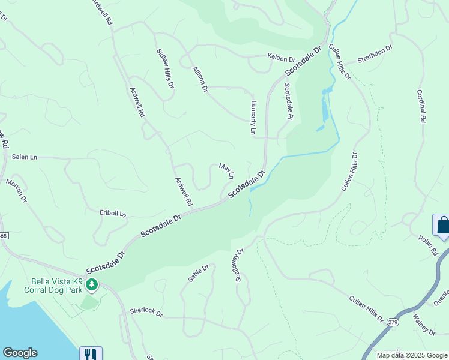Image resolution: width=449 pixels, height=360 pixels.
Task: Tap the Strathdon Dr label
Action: coord(375,53)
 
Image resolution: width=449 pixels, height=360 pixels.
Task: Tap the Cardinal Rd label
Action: coord(421,106)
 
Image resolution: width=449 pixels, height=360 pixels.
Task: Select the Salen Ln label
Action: coord(24,157)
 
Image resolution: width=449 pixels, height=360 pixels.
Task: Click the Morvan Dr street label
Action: coord(17,190)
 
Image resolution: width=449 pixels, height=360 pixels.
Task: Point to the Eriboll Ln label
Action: coord(113,213)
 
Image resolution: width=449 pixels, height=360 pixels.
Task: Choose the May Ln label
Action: coord(226,172)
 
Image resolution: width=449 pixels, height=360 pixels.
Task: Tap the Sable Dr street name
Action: coord(198,273)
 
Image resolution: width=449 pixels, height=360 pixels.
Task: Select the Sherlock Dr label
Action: coord(146,312)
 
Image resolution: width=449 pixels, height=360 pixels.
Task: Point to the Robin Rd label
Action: coord(429,246)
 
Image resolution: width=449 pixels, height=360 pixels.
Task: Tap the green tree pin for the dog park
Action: coord(92,284)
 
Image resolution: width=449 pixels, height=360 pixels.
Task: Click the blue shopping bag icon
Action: coord(442,226)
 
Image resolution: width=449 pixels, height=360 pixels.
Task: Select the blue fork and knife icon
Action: coord(91,353)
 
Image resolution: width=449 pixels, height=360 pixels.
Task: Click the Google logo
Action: coord(20,353)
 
